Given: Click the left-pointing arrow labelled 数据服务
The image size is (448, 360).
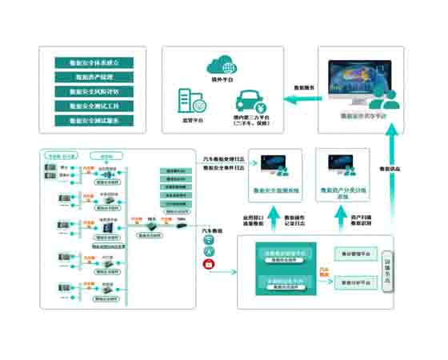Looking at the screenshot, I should coord(300,99).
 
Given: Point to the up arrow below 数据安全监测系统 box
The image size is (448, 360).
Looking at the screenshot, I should coord(274,218).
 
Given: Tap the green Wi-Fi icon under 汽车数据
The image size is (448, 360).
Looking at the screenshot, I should coord(209,239).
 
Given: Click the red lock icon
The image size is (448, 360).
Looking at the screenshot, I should coord(209,265).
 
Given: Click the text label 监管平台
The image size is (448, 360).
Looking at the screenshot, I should coord(193,120).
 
